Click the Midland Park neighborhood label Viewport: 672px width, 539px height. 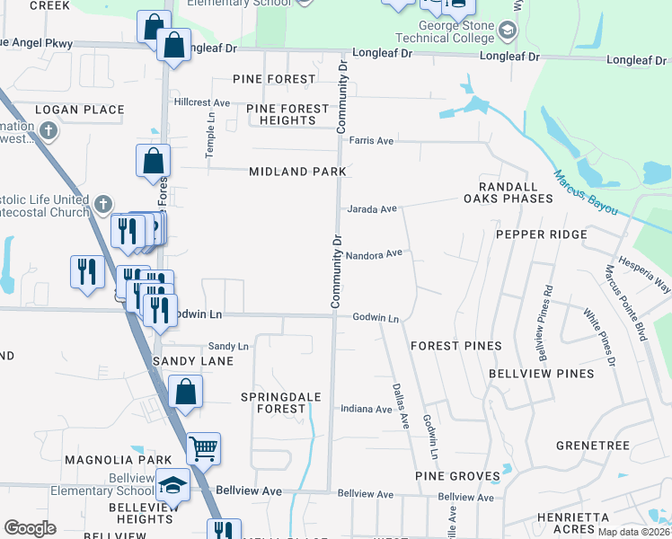point(297,172)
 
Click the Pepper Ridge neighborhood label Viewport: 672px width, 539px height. point(541,234)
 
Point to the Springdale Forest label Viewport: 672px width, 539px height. point(273,402)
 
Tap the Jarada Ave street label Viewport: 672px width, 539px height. point(372,209)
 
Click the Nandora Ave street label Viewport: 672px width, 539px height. point(374,255)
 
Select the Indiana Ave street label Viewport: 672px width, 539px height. point(366,409)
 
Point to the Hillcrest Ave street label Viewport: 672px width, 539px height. point(203,102)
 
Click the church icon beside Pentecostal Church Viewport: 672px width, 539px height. point(104,204)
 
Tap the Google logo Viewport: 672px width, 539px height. point(31,528)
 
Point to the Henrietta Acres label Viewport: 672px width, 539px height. point(572,524)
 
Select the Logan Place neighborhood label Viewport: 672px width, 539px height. point(79,110)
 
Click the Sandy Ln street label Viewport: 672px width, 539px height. point(228,346)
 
